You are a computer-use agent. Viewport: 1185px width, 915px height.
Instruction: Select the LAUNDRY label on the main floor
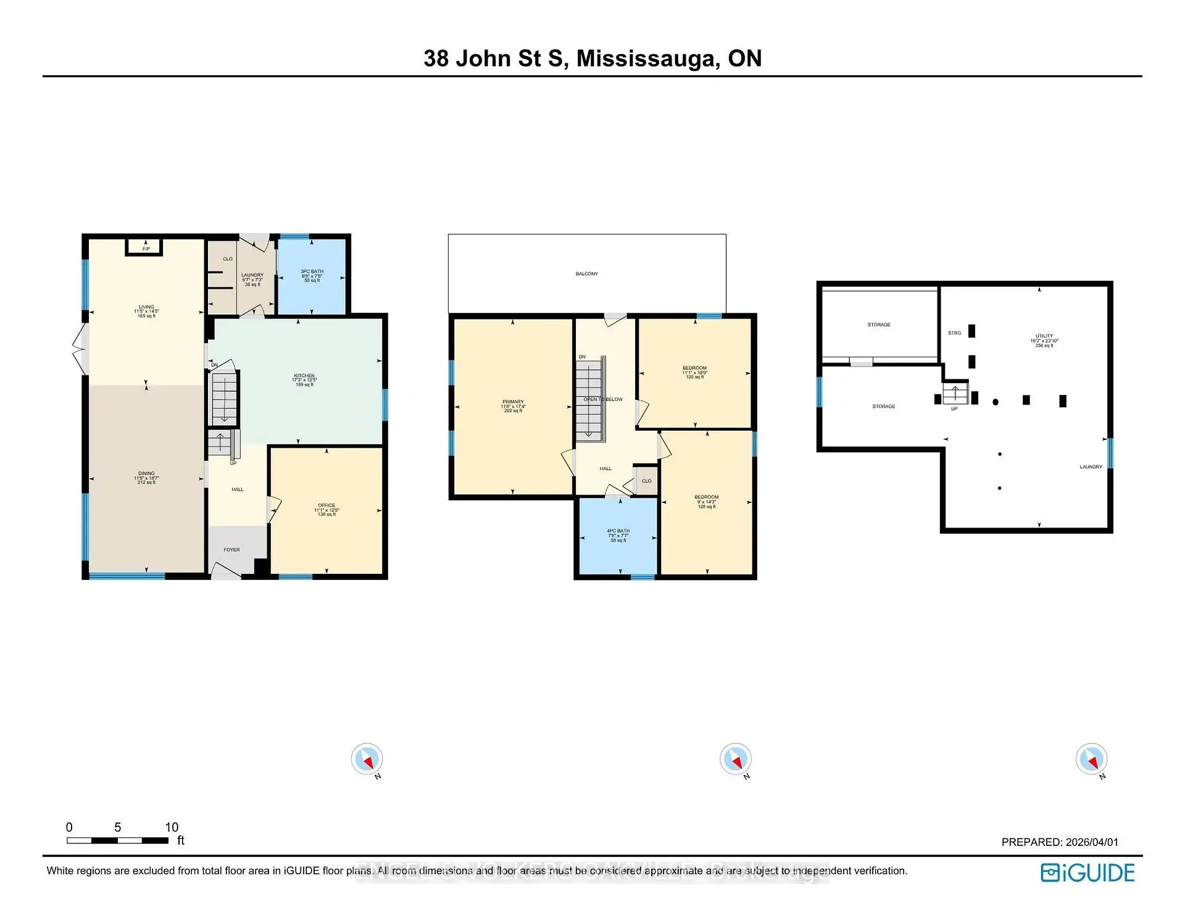click(x=252, y=275)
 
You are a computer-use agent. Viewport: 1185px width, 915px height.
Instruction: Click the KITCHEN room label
click(x=304, y=376)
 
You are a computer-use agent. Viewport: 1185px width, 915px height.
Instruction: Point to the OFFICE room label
click(x=326, y=505)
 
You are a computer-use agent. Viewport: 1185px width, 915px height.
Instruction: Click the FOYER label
click(x=231, y=550)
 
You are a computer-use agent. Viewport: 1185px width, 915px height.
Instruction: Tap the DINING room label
click(x=146, y=474)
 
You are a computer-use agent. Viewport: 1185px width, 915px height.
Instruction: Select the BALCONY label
click(x=586, y=274)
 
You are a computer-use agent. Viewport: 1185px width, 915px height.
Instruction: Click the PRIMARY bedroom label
click(x=513, y=402)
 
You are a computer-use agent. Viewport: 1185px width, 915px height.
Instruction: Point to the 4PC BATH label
click(x=618, y=531)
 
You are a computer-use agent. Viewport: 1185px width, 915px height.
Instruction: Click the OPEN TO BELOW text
click(x=603, y=399)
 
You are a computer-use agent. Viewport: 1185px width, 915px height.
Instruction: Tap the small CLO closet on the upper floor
click(x=646, y=481)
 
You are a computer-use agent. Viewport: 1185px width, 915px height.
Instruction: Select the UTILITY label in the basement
click(x=1044, y=336)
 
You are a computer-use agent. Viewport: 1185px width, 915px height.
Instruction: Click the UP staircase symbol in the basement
click(x=954, y=392)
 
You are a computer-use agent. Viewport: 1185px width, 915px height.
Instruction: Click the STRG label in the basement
click(x=954, y=333)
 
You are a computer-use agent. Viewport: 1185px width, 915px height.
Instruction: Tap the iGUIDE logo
click(x=1087, y=872)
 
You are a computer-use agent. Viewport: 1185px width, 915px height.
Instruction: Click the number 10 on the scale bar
click(x=172, y=827)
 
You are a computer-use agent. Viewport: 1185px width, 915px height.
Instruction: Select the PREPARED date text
click(x=1059, y=842)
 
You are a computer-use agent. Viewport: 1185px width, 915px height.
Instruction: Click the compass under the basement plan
click(x=1091, y=759)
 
